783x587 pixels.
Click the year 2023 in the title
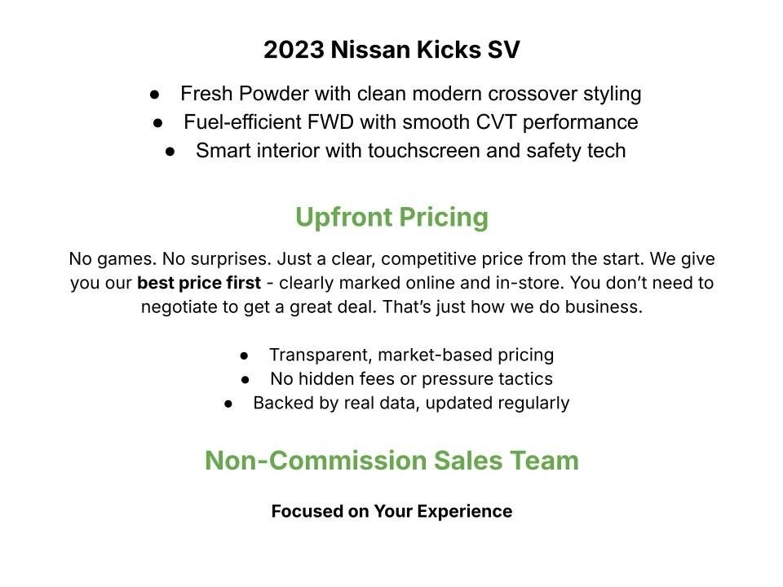[x=294, y=51]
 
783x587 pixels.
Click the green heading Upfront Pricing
[x=391, y=218]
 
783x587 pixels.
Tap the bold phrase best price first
[x=199, y=284]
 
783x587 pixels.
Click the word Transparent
[x=319, y=355]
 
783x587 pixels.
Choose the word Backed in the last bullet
[x=280, y=403]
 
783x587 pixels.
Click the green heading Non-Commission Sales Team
[x=391, y=461]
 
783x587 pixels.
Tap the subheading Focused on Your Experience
[x=391, y=512]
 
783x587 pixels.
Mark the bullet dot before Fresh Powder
[x=155, y=95]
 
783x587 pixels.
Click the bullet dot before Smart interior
[x=170, y=152]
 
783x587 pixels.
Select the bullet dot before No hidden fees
[x=246, y=380]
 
